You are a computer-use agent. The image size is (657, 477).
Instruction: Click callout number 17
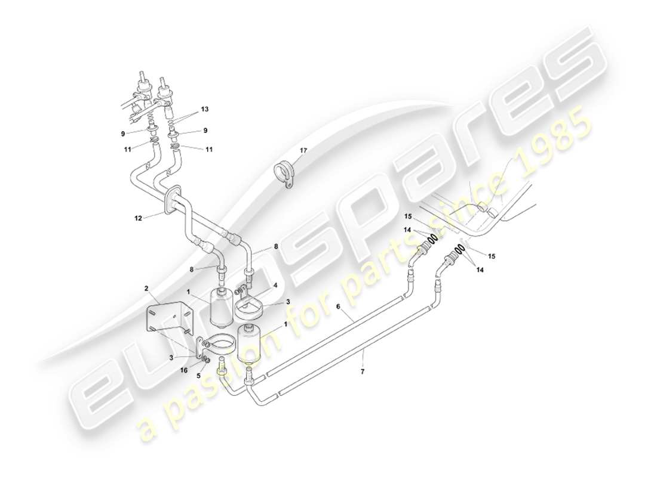coord(303,151)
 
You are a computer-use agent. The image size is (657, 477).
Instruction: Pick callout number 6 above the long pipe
coord(338,306)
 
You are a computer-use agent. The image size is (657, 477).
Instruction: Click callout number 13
coord(205,109)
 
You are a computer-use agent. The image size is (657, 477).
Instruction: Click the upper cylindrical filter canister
coord(223,306)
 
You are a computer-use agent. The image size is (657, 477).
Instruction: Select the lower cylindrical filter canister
coord(250,344)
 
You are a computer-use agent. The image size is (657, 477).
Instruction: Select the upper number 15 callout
coord(407,216)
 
